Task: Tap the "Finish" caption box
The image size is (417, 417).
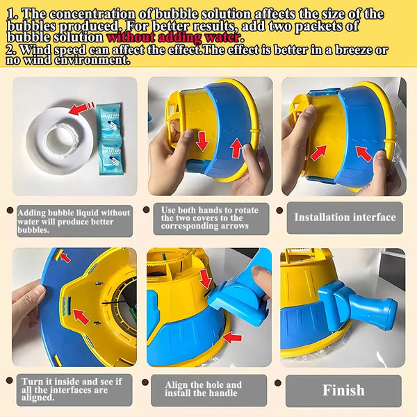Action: coord(343,391)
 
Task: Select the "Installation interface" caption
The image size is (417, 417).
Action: coord(345,218)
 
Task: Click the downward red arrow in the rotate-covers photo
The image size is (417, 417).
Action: coord(202,140)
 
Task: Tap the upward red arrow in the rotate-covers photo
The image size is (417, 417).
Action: coord(236,148)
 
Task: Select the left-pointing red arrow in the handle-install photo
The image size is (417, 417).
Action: coord(234,338)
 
